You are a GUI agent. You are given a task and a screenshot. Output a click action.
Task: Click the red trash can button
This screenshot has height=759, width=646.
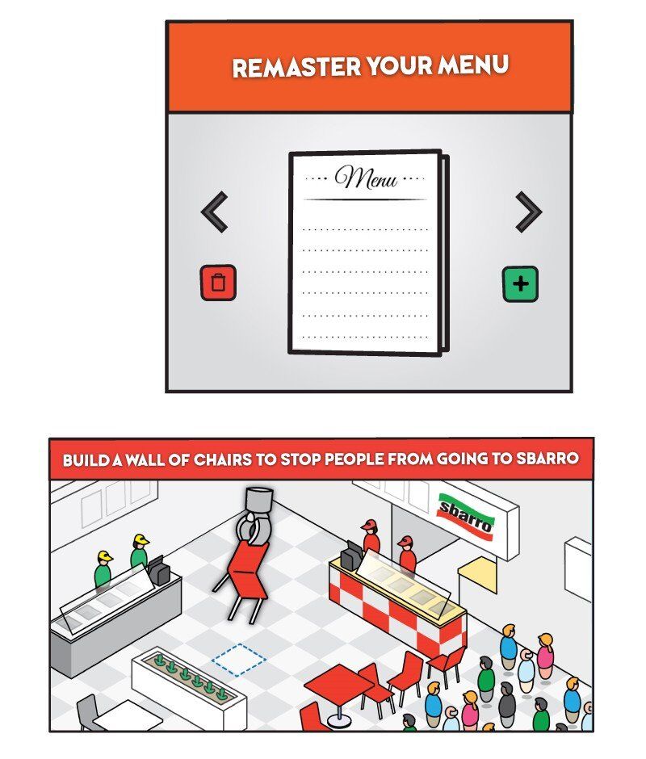[x=218, y=283]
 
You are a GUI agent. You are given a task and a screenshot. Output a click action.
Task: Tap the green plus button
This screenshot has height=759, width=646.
[x=520, y=283]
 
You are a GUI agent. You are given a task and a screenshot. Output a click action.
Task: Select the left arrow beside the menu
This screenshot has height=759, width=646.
[x=214, y=212]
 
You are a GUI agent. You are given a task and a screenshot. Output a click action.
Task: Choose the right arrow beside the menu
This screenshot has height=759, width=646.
[x=529, y=212]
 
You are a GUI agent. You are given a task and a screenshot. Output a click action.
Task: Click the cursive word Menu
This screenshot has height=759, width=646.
[x=367, y=177]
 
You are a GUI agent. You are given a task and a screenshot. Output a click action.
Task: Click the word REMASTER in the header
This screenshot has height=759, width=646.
[x=296, y=67]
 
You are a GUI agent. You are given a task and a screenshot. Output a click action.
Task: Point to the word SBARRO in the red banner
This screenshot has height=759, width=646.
[x=547, y=458]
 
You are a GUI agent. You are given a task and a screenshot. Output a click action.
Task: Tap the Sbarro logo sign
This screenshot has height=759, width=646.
[x=466, y=517]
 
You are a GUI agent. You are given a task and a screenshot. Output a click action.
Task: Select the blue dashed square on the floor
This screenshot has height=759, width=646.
[x=239, y=660]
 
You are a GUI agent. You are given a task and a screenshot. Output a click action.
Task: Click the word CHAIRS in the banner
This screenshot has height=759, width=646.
[x=222, y=459]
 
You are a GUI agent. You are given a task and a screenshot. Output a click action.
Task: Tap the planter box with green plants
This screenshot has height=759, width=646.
[x=189, y=686]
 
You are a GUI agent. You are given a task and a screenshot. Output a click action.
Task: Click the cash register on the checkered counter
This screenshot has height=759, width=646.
[x=352, y=555]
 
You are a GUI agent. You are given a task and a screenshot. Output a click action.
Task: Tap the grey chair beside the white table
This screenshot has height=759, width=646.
[x=86, y=712]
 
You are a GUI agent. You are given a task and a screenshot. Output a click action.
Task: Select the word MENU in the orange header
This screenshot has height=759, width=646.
[x=473, y=65]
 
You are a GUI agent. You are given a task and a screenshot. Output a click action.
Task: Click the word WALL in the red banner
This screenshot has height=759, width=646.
[x=145, y=459]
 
